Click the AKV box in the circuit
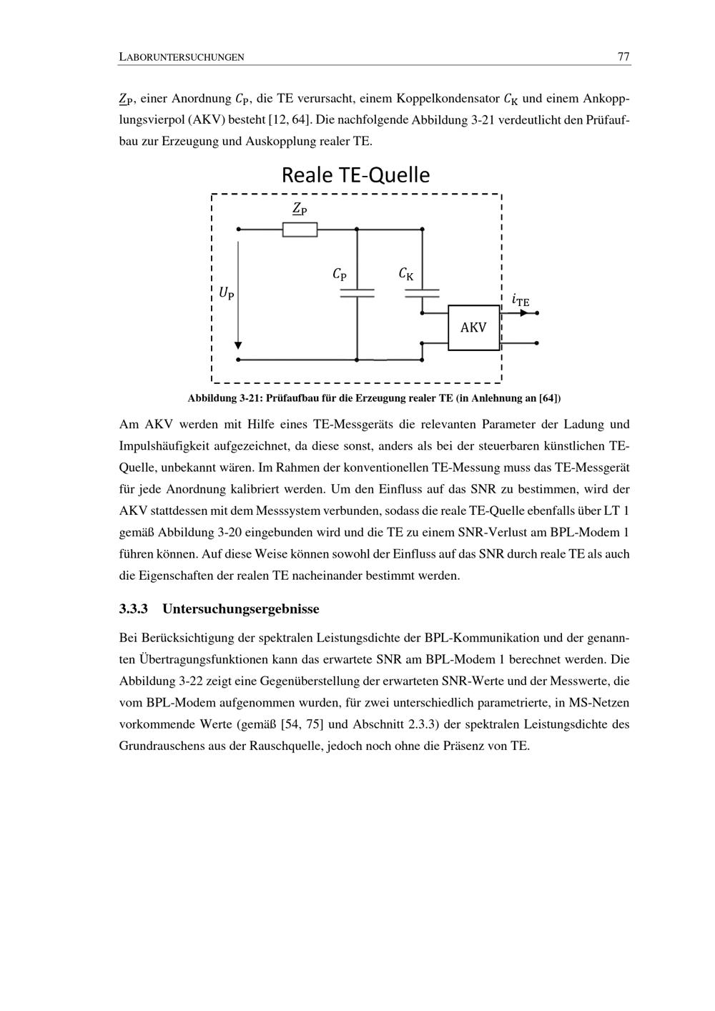(473, 327)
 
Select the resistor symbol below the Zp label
(300, 230)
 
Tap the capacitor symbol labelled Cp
(357, 292)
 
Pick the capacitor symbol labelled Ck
(422, 292)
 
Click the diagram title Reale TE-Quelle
(355, 175)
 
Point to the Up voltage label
(227, 292)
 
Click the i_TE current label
(521, 300)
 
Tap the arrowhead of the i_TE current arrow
(524, 313)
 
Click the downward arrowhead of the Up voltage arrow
(238, 346)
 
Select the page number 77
(623, 57)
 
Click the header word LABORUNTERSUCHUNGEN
(182, 57)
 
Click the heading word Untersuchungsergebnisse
(241, 609)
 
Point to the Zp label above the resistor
(300, 209)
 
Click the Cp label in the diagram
(340, 274)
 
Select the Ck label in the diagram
(405, 274)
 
